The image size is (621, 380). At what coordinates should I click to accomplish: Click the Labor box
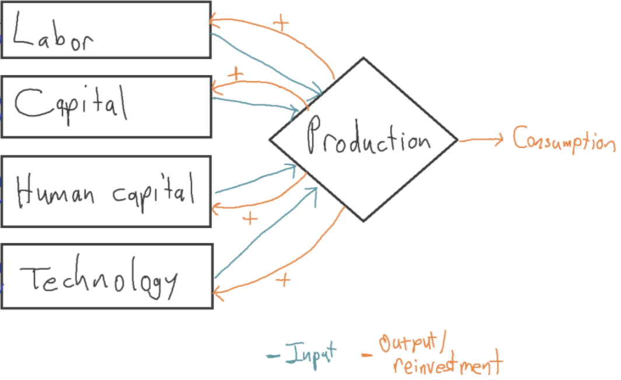(106, 30)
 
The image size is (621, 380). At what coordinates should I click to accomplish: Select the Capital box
(106, 107)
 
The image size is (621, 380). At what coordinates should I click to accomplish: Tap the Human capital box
(106, 191)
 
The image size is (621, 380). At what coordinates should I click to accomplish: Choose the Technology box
(106, 276)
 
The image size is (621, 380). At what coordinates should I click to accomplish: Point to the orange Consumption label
(564, 139)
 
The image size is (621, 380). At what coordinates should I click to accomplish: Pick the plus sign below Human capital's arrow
(250, 219)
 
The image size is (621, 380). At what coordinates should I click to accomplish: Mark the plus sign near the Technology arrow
(283, 280)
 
